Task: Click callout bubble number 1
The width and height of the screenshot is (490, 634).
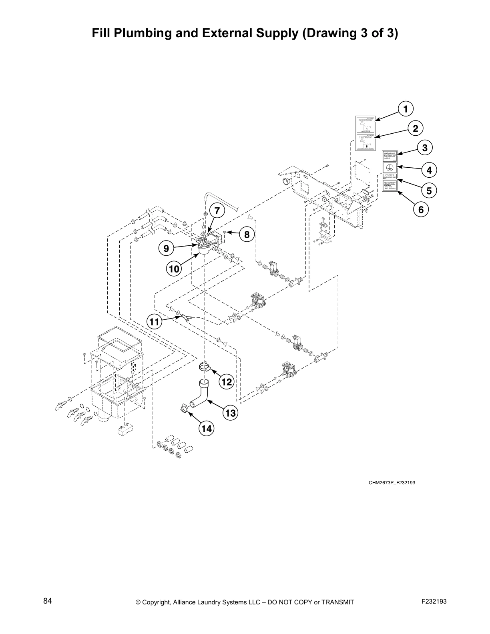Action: (x=406, y=109)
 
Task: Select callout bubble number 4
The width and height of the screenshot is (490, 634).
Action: (x=429, y=170)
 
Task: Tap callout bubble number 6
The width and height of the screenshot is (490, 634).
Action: (x=421, y=209)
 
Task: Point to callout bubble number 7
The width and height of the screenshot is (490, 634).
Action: (x=216, y=211)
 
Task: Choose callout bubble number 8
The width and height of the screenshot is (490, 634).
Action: (x=247, y=235)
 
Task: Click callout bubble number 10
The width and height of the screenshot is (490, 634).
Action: (x=174, y=269)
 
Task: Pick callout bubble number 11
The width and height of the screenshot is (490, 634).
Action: (x=155, y=321)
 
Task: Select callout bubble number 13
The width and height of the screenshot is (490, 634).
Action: (x=231, y=413)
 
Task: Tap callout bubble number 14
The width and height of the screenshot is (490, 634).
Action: (x=206, y=429)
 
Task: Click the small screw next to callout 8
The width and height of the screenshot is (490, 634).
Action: (x=226, y=232)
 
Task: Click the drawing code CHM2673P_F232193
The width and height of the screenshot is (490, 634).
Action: (x=392, y=483)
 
